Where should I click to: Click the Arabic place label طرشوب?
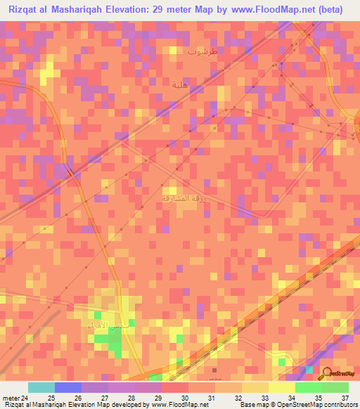tap(203, 51)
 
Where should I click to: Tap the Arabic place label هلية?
tap(181, 84)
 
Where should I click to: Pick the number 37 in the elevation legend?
tap(345, 397)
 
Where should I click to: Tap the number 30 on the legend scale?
tap(185, 397)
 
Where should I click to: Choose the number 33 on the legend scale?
tap(264, 397)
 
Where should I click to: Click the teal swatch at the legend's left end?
tap(41, 387)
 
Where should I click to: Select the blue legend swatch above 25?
tap(68, 387)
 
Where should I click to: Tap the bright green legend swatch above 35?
tap(308, 387)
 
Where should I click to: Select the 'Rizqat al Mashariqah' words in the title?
tap(56, 10)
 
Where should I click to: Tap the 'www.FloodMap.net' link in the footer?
tap(180, 405)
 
